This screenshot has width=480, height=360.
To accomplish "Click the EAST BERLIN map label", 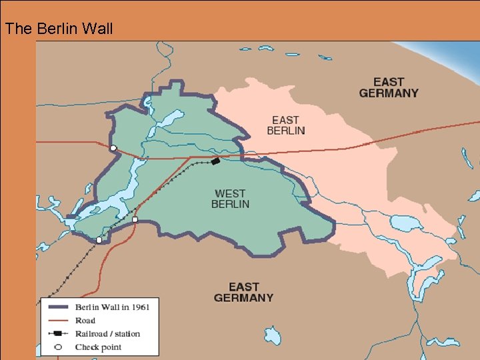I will pos(285,125).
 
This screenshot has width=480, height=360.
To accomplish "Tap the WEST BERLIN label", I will pos(230,199).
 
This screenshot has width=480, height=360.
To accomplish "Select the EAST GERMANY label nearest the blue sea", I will pos(389,87).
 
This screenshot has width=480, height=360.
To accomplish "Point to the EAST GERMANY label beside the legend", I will pos(243,292).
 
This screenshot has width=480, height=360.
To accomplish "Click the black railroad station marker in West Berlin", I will pos(215,161).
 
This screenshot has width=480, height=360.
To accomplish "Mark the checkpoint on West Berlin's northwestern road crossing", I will pos(113,148).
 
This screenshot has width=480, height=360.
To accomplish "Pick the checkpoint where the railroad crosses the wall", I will pos(99,240).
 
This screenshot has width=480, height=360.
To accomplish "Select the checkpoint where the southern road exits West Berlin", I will pos(135,219).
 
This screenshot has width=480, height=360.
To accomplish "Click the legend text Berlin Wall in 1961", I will pos(112,307).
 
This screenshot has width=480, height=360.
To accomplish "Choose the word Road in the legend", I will pos(85,321).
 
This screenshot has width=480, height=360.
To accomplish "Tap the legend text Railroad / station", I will pos(107,333).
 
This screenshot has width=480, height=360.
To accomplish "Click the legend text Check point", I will pos(98,347).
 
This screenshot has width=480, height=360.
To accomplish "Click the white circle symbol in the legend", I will pos(58,347).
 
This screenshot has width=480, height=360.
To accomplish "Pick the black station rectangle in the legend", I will pos(58,333).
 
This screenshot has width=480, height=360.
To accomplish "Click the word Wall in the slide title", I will pos(99,29).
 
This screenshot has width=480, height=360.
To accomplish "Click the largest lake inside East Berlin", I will pos(406,223).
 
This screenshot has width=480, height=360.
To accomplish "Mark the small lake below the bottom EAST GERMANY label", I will pos(272,335).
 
